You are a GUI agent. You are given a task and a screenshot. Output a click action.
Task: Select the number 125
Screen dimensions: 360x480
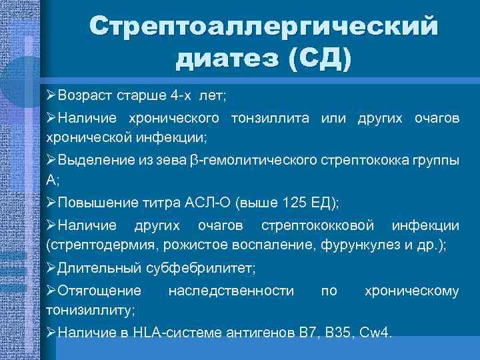coord(294,202)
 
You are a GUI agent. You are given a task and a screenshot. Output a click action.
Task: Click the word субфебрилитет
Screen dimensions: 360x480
coord(204,268)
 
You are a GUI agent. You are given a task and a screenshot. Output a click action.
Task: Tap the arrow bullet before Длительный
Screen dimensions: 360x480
coord(51,268)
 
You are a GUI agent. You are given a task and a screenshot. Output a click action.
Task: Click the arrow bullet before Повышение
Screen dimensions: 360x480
coord(51,202)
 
